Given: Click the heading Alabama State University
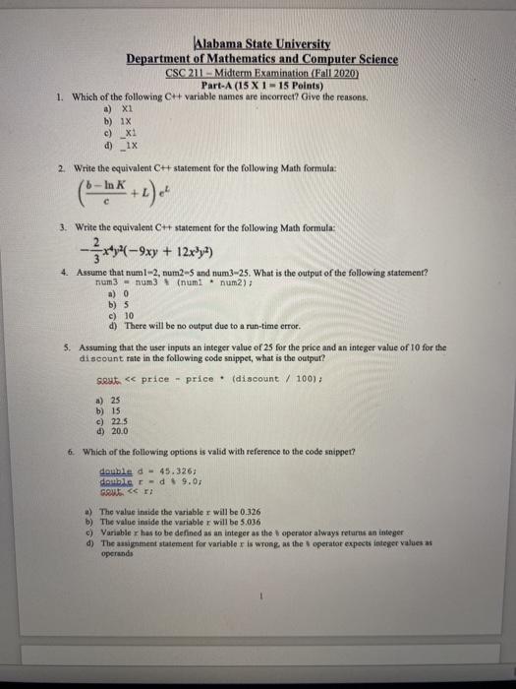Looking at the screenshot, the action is [261, 44].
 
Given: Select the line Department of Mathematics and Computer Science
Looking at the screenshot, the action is [261, 59].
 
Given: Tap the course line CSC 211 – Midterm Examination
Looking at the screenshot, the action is [261, 72].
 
